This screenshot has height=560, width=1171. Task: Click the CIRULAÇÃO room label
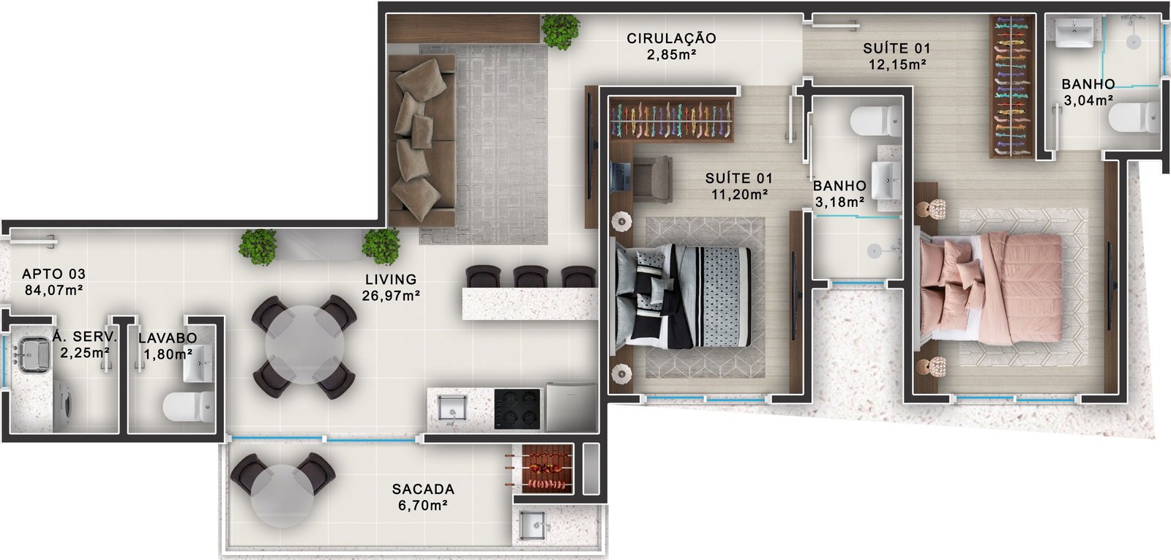[x=671, y=38]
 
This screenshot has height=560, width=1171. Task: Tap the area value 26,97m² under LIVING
[x=391, y=296]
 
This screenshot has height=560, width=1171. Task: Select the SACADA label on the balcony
[x=423, y=490]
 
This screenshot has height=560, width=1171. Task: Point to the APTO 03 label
[x=53, y=274]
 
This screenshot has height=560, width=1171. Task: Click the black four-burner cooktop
[x=517, y=409]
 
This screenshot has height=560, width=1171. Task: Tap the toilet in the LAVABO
[x=188, y=406]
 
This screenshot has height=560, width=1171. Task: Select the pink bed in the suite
[x=991, y=288]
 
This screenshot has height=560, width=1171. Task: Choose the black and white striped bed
[x=682, y=297]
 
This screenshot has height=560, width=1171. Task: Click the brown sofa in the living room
[x=422, y=141]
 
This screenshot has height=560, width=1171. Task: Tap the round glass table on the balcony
[x=283, y=496]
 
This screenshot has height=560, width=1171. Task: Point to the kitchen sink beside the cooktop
[x=452, y=408]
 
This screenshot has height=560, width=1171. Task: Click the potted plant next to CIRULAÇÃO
[x=561, y=31]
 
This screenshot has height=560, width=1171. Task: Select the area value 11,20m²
[x=739, y=195]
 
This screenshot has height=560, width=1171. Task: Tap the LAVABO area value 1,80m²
[x=168, y=354]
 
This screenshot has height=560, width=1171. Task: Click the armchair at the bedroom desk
[x=652, y=179]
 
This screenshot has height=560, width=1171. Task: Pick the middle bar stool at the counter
[x=530, y=276]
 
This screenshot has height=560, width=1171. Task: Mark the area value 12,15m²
[x=897, y=65]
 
